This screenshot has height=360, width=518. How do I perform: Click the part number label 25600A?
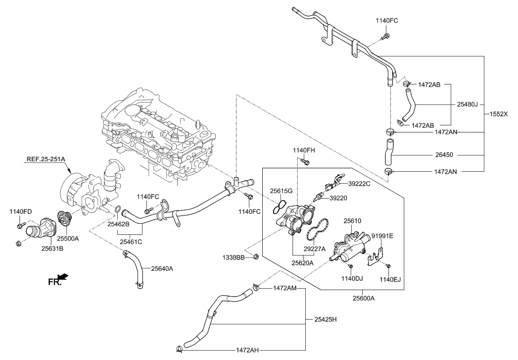(363, 298)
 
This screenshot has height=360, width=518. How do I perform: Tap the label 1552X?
(499, 113)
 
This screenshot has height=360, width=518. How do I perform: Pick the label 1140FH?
(303, 150)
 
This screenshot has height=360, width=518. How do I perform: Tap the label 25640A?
(159, 268)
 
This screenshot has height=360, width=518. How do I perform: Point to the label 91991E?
(382, 236)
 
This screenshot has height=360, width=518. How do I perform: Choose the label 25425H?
(325, 319)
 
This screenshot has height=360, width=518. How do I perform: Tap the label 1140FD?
(20, 212)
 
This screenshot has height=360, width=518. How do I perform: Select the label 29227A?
(315, 249)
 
